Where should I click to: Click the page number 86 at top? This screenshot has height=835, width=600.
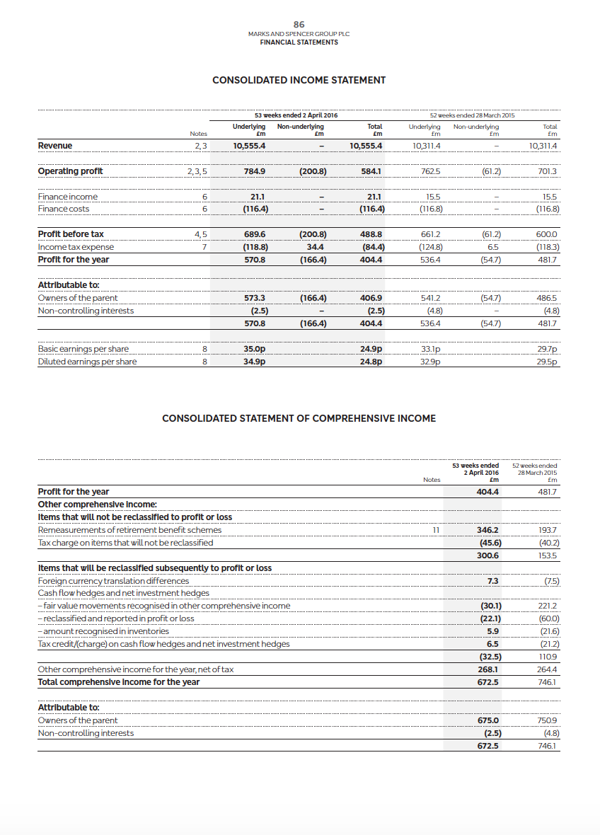coord(299,24)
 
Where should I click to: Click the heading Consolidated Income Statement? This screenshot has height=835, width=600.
coord(299,80)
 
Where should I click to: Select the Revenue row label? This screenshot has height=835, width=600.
coord(54,146)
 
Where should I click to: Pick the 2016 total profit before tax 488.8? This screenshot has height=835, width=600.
coord(371,234)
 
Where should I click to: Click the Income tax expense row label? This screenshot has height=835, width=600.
coord(75,247)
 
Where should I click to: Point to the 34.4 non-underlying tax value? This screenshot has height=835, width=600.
coord(316,247)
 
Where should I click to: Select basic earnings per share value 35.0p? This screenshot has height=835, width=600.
coord(254,349)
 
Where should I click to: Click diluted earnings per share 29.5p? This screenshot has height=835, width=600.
coord(548,362)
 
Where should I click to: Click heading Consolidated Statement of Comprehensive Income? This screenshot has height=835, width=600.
coord(299,418)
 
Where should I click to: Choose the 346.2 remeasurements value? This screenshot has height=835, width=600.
coord(487,530)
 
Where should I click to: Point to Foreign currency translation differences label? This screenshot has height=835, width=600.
coord(113,581)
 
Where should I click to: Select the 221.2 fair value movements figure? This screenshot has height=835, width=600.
coord(548,606)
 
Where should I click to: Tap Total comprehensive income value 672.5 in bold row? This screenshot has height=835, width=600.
coord(487,682)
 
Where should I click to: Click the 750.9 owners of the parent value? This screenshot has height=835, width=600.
coord(548,720)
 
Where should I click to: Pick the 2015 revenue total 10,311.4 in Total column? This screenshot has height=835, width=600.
coord(543,146)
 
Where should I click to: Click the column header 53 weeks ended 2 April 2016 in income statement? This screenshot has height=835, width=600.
coord(296,115)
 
